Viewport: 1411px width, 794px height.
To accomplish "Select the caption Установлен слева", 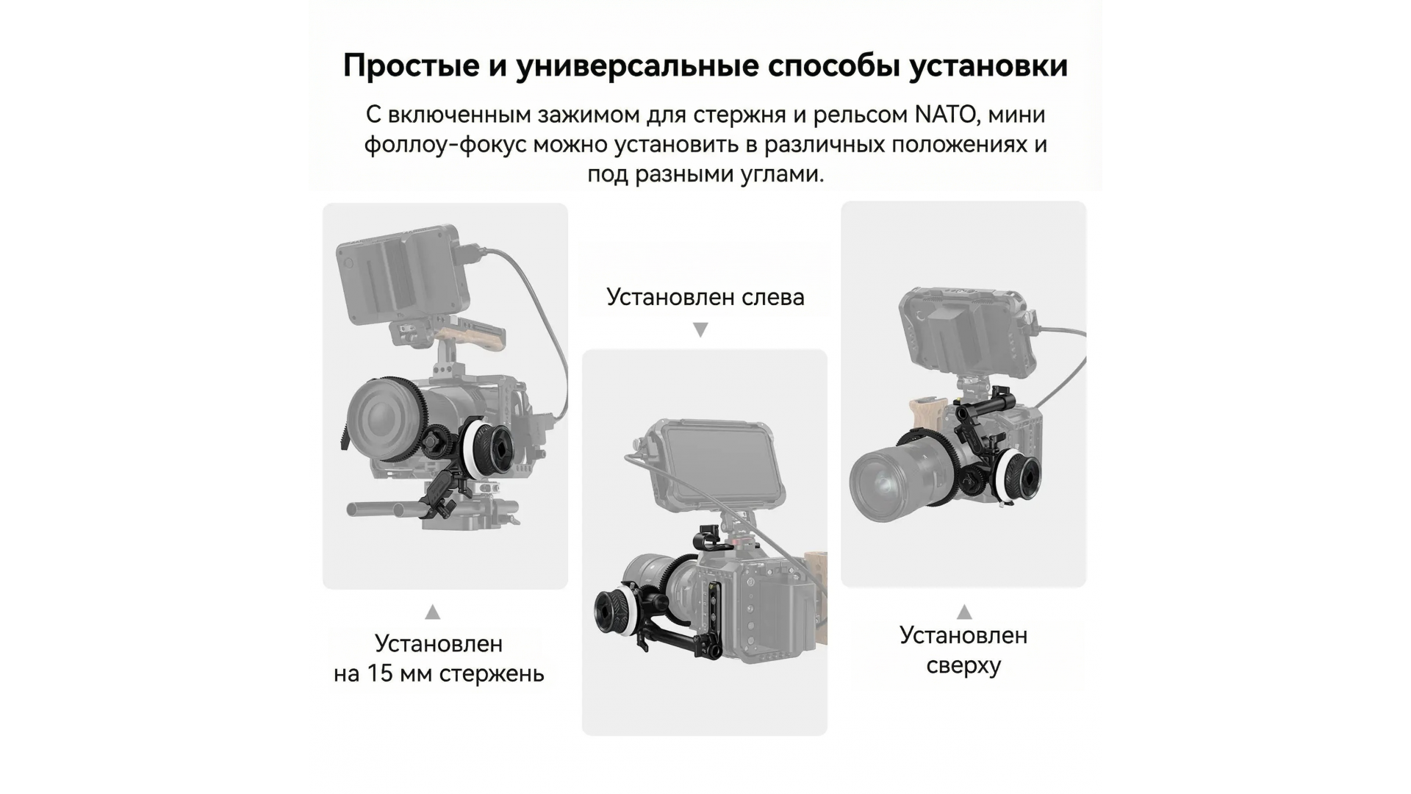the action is (x=705, y=297).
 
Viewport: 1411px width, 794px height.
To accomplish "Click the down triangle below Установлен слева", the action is (x=701, y=330).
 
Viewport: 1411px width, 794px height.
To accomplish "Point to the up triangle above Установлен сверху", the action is (x=964, y=612).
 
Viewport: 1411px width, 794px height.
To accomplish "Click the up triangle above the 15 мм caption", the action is (x=433, y=612).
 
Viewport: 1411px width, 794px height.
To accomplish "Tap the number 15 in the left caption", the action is (x=381, y=673).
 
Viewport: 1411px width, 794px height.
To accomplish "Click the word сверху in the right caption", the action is (x=963, y=666).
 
